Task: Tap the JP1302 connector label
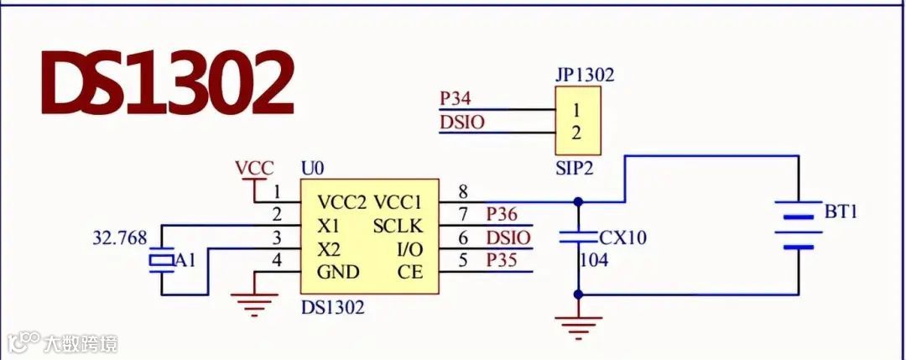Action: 584,75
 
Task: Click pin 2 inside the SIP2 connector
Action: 576,132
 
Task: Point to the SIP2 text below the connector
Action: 575,168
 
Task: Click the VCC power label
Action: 254,168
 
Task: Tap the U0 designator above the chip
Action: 312,168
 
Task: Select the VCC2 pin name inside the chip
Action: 342,202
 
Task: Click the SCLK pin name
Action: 398,226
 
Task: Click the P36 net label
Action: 502,215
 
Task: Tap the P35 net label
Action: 502,260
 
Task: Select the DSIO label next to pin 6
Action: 508,237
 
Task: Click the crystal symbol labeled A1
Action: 160,261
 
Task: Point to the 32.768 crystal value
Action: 121,237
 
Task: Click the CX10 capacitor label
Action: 623,237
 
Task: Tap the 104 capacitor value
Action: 593,260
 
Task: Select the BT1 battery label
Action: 841,211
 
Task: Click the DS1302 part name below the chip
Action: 333,307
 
